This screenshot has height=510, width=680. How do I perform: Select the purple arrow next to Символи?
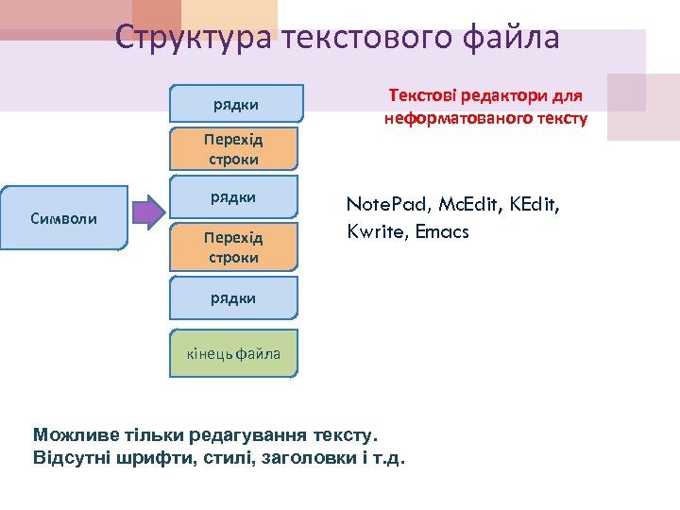(146, 212)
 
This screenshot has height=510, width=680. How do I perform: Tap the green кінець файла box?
(233, 354)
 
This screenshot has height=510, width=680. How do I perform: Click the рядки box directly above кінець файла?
(233, 298)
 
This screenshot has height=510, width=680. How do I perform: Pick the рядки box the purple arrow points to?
(233, 197)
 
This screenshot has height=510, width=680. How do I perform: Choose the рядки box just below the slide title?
(237, 103)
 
